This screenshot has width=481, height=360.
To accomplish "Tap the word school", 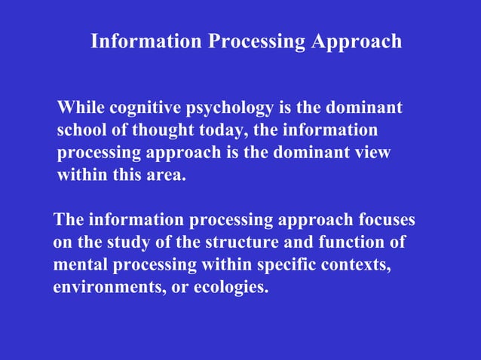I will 81,130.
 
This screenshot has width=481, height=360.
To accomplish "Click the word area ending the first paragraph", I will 166,175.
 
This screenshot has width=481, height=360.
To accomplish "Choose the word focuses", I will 384,221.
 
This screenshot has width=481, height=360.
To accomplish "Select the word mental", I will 81,265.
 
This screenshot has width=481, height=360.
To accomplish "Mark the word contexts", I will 357,266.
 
